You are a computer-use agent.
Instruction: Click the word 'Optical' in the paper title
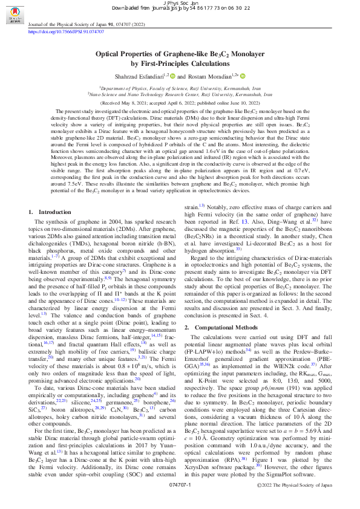(x=114, y=54)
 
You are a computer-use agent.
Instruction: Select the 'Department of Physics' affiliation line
(x=180, y=88)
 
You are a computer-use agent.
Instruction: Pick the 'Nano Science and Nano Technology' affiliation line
(x=180, y=94)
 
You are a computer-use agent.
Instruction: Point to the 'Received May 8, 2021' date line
(x=180, y=103)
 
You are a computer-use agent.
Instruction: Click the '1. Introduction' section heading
(x=50, y=212)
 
